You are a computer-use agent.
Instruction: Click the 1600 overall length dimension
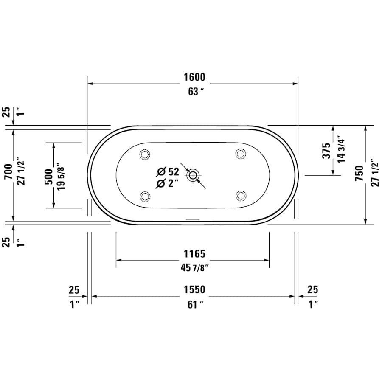click(194, 77)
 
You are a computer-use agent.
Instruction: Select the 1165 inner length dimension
click(194, 254)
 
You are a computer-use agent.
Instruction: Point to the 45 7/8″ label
click(194, 267)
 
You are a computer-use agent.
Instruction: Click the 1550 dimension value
click(194, 289)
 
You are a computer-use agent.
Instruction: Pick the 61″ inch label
click(194, 304)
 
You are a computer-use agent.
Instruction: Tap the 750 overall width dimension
click(359, 174)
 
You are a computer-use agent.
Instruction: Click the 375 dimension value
click(326, 150)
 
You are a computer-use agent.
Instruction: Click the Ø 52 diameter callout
click(168, 171)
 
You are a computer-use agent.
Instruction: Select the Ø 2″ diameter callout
click(166, 183)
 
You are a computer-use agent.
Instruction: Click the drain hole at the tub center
click(193, 175)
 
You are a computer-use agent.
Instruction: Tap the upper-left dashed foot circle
click(145, 154)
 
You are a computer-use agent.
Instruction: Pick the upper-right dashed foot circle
click(241, 154)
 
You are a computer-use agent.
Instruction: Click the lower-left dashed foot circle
click(145, 196)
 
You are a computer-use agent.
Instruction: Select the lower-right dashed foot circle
click(241, 196)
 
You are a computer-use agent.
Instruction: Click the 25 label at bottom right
click(312, 289)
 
